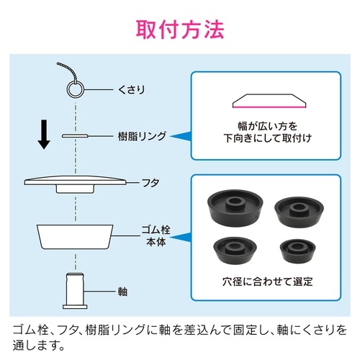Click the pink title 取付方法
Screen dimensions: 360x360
(180, 30)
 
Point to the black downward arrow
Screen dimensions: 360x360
(44, 132)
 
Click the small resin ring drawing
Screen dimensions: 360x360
(76, 135)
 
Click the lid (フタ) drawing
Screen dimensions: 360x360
(75, 183)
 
